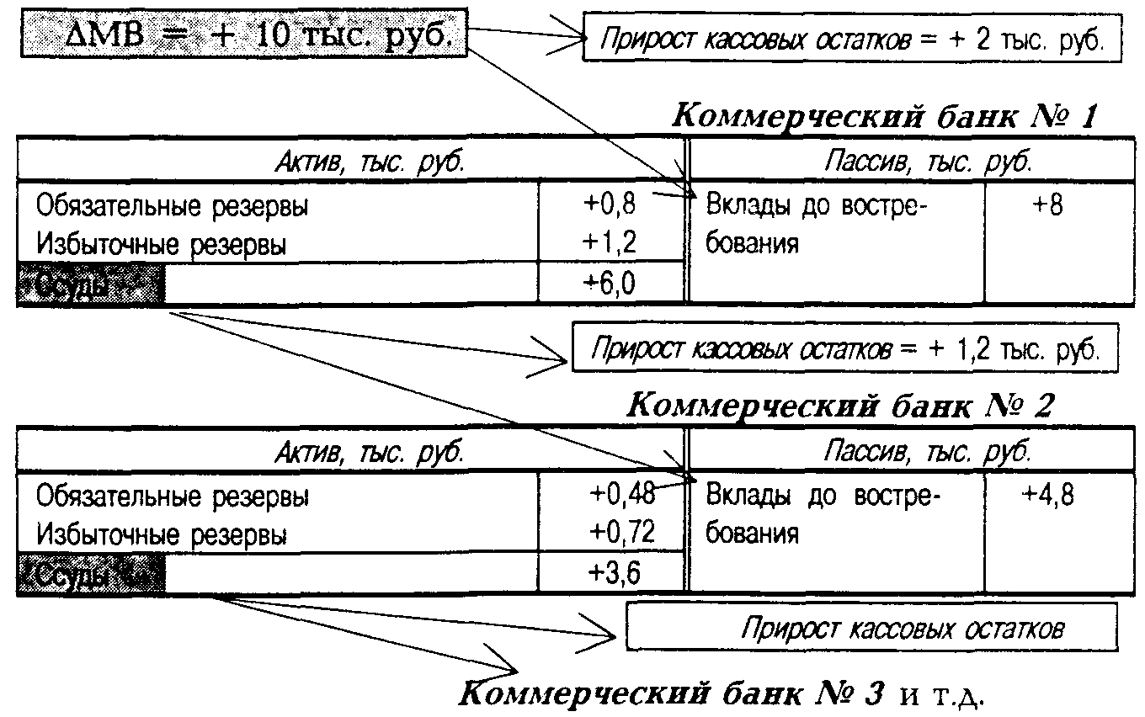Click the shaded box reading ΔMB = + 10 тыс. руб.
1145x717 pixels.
tap(242, 35)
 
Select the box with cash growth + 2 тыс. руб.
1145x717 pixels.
tap(852, 40)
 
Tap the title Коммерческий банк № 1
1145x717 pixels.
tap(886, 115)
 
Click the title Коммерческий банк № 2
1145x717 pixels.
tap(840, 406)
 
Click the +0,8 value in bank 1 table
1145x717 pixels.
tap(611, 204)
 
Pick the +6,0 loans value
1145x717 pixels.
tap(611, 284)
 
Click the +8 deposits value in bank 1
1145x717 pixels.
tap(1047, 204)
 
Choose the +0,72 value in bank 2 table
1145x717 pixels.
tap(620, 533)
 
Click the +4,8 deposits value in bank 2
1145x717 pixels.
tap(1047, 495)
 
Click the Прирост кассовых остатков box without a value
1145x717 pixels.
tap(872, 628)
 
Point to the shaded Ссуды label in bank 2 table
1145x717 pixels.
tap(91, 576)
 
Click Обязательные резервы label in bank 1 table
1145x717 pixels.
tap(172, 205)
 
